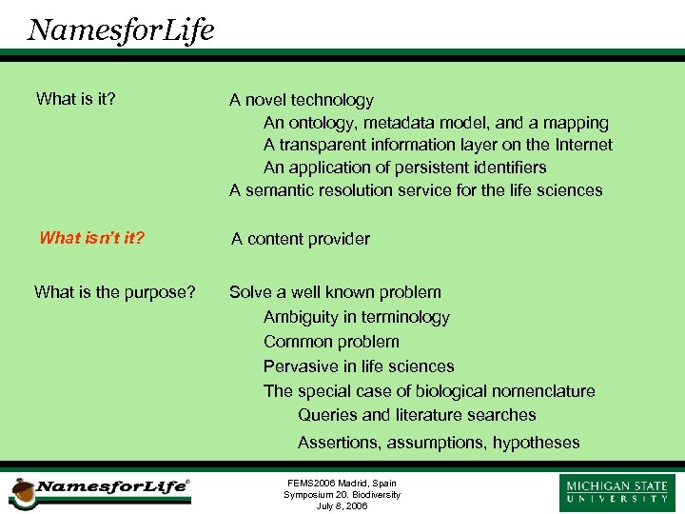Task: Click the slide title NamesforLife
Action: coord(121,30)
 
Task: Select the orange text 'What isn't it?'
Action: coord(91,238)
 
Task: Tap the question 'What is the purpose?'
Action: coord(115,292)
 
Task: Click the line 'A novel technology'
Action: coord(302,100)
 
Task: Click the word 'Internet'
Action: coord(582,145)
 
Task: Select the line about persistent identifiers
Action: coord(404,168)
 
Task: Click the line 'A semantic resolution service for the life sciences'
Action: coord(416,190)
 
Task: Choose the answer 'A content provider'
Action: coord(301,239)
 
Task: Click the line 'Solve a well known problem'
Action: coord(335,292)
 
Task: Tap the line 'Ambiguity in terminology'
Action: coord(356,317)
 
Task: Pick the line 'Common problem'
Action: coord(331,342)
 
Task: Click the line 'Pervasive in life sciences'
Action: coord(359,366)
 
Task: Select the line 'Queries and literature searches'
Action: coord(417,415)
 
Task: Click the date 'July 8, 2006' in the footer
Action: coord(342,505)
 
